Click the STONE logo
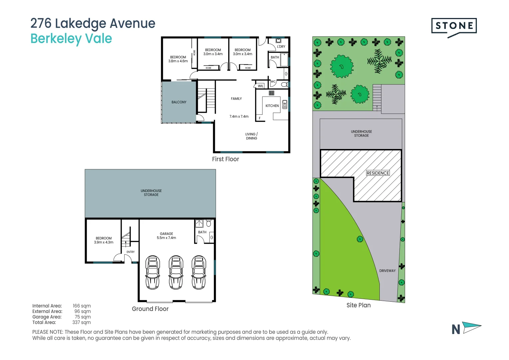tap(454, 26)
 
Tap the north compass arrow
tap(472, 327)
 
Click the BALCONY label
tap(179, 102)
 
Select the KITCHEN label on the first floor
tap(272, 106)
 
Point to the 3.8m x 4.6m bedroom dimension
tap(178, 61)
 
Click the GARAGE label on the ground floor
tap(166, 234)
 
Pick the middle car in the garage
tap(176, 272)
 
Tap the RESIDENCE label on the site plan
tap(378, 173)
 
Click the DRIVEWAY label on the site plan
tap(387, 271)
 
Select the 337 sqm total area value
tap(82, 322)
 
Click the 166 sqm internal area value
tap(82, 306)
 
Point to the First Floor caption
tap(226, 159)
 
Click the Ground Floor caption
tap(150, 309)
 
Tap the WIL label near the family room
tap(260, 86)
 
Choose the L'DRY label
tap(281, 47)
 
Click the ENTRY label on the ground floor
tap(131, 252)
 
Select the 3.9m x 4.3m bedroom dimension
tap(104, 242)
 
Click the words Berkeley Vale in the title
tap(71, 39)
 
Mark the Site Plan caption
tap(358, 305)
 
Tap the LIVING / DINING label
tap(252, 136)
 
